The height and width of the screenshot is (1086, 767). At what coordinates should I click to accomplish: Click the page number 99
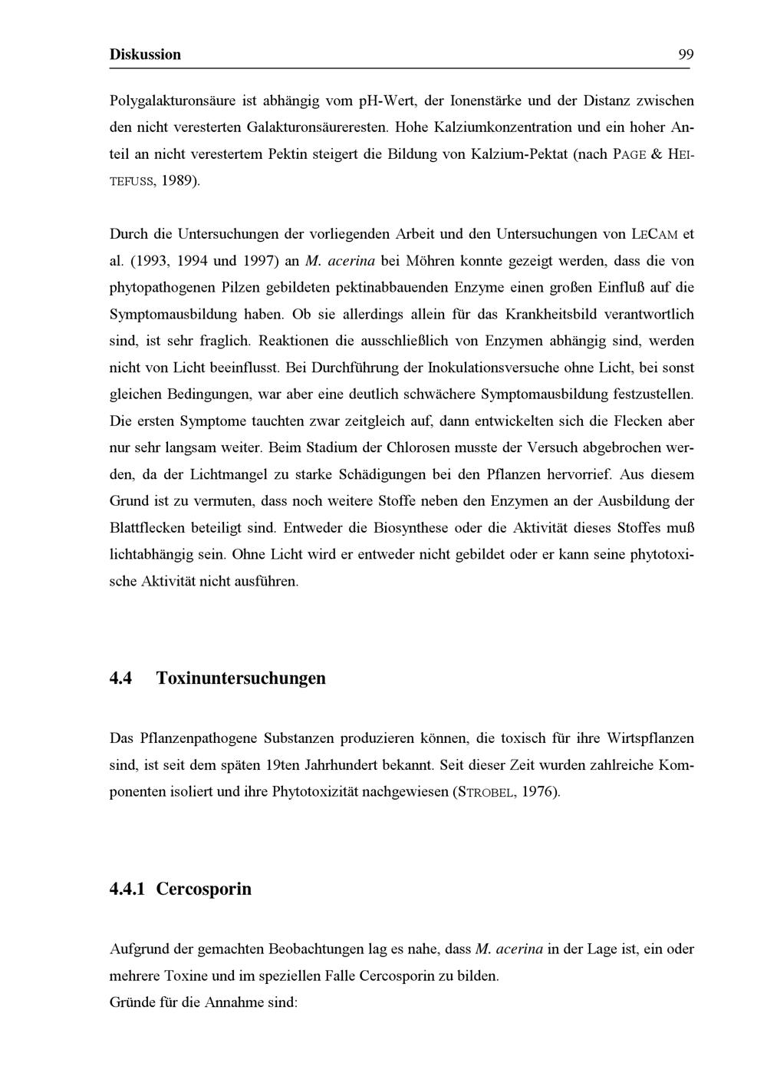coord(686,54)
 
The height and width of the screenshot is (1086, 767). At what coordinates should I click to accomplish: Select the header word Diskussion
coord(146,54)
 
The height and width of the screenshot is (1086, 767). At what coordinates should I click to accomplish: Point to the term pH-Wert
coord(383,101)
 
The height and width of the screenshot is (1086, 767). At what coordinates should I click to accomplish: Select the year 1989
coord(178,181)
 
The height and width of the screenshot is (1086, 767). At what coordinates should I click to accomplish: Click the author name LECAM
coord(653,234)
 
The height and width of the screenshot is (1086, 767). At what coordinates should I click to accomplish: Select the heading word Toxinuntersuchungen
coord(241,678)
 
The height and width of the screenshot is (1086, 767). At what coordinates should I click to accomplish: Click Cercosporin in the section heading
coord(204,890)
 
